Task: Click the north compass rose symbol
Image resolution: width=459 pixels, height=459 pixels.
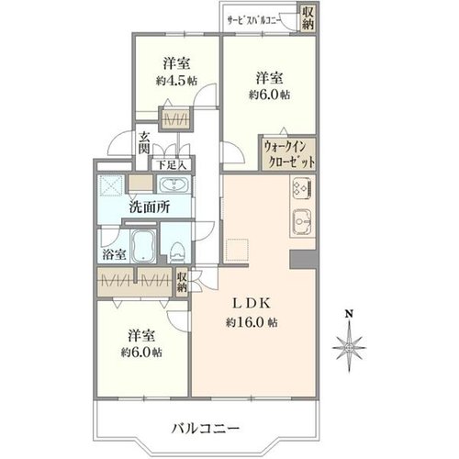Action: tap(349, 349)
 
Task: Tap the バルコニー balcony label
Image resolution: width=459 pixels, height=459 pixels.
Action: tap(205, 428)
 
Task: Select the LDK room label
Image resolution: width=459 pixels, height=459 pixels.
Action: tap(252, 304)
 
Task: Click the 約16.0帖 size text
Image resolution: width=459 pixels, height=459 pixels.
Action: tap(252, 322)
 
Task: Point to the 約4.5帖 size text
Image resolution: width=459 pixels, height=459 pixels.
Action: tap(176, 81)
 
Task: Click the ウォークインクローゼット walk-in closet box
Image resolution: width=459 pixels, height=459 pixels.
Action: tap(288, 153)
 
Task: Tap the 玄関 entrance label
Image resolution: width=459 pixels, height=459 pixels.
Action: tap(143, 143)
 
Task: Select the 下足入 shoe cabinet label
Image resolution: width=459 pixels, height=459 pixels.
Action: tap(172, 165)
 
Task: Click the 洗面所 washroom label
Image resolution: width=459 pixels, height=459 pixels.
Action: tap(149, 207)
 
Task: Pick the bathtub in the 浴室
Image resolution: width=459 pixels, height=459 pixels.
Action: tap(143, 246)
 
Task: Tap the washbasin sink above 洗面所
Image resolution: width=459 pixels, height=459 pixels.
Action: tap(174, 185)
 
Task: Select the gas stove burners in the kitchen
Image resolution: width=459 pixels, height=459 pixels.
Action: tap(302, 188)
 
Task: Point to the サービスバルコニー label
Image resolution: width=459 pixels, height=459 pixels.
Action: tap(253, 21)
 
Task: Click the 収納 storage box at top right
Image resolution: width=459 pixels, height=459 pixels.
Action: tap(308, 17)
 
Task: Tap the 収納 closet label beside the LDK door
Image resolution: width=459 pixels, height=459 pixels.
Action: tap(182, 282)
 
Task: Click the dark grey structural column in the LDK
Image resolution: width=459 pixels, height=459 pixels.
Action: tap(303, 260)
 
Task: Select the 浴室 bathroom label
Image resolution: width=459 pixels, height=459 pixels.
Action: tap(114, 254)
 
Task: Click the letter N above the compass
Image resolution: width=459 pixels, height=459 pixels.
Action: tap(349, 314)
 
